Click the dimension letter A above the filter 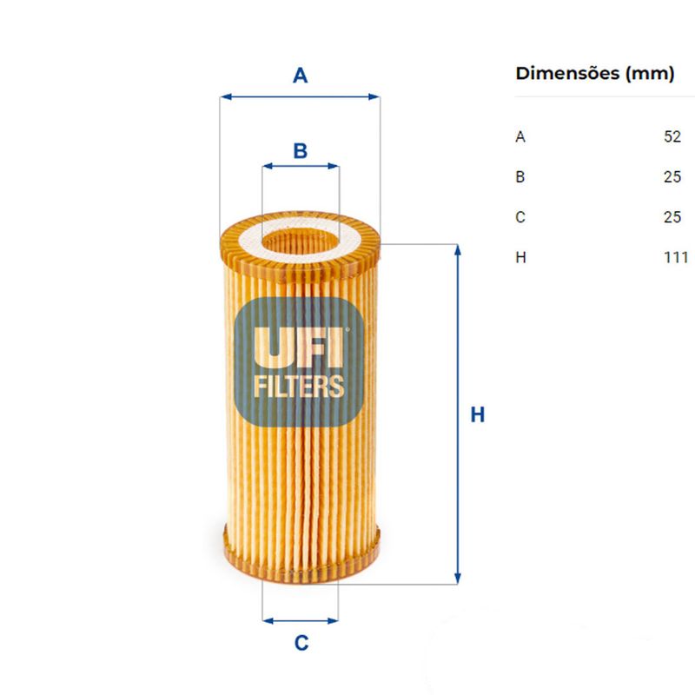pyautogui.click(x=300, y=76)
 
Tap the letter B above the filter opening pyautogui.click(x=300, y=151)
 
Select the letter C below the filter pyautogui.click(x=301, y=644)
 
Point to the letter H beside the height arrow pyautogui.click(x=477, y=415)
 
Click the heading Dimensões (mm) pyautogui.click(x=594, y=74)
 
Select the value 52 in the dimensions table pyautogui.click(x=672, y=136)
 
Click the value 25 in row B pyautogui.click(x=672, y=177)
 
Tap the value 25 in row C pyautogui.click(x=672, y=217)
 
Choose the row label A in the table pyautogui.click(x=520, y=136)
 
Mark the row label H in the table pyautogui.click(x=520, y=257)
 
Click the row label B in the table pyautogui.click(x=520, y=177)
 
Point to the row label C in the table pyautogui.click(x=520, y=217)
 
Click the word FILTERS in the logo pyautogui.click(x=300, y=387)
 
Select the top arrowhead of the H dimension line pyautogui.click(x=457, y=250)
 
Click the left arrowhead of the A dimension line pyautogui.click(x=225, y=97)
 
